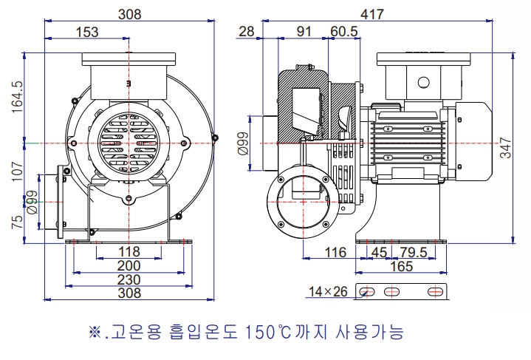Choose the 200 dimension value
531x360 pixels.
click(x=129, y=265)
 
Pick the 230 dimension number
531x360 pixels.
click(x=129, y=279)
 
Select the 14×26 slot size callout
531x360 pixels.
click(x=329, y=291)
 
